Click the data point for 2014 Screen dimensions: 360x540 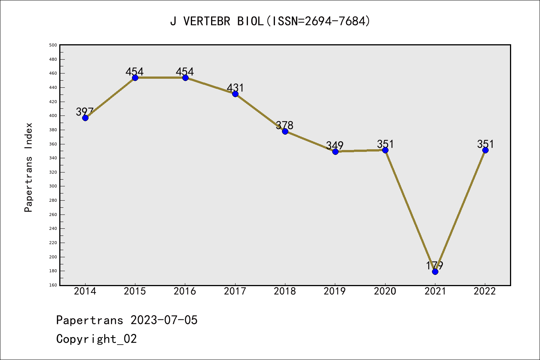click(x=85, y=118)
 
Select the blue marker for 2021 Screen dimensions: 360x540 click(x=435, y=271)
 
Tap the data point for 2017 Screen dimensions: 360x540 click(x=235, y=94)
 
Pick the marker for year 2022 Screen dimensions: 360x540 click(x=485, y=150)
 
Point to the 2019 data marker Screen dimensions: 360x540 click(x=335, y=151)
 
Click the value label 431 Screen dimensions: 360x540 click(x=235, y=88)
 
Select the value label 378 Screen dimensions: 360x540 click(x=285, y=125)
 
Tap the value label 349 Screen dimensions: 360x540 click(x=335, y=145)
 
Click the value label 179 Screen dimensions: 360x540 click(x=435, y=265)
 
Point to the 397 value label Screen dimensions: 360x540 click(x=85, y=112)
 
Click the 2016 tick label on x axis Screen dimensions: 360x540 click(x=185, y=291)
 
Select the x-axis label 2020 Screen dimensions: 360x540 click(x=385, y=291)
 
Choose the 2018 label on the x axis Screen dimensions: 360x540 click(x=285, y=291)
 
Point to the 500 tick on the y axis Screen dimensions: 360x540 click(x=53, y=45)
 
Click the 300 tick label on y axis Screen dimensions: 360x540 click(x=53, y=186)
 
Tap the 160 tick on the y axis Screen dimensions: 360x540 click(x=53, y=285)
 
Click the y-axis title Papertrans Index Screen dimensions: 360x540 click(x=28, y=167)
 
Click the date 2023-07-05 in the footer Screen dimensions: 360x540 click(x=164, y=320)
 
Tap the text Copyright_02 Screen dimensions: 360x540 click(x=96, y=339)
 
